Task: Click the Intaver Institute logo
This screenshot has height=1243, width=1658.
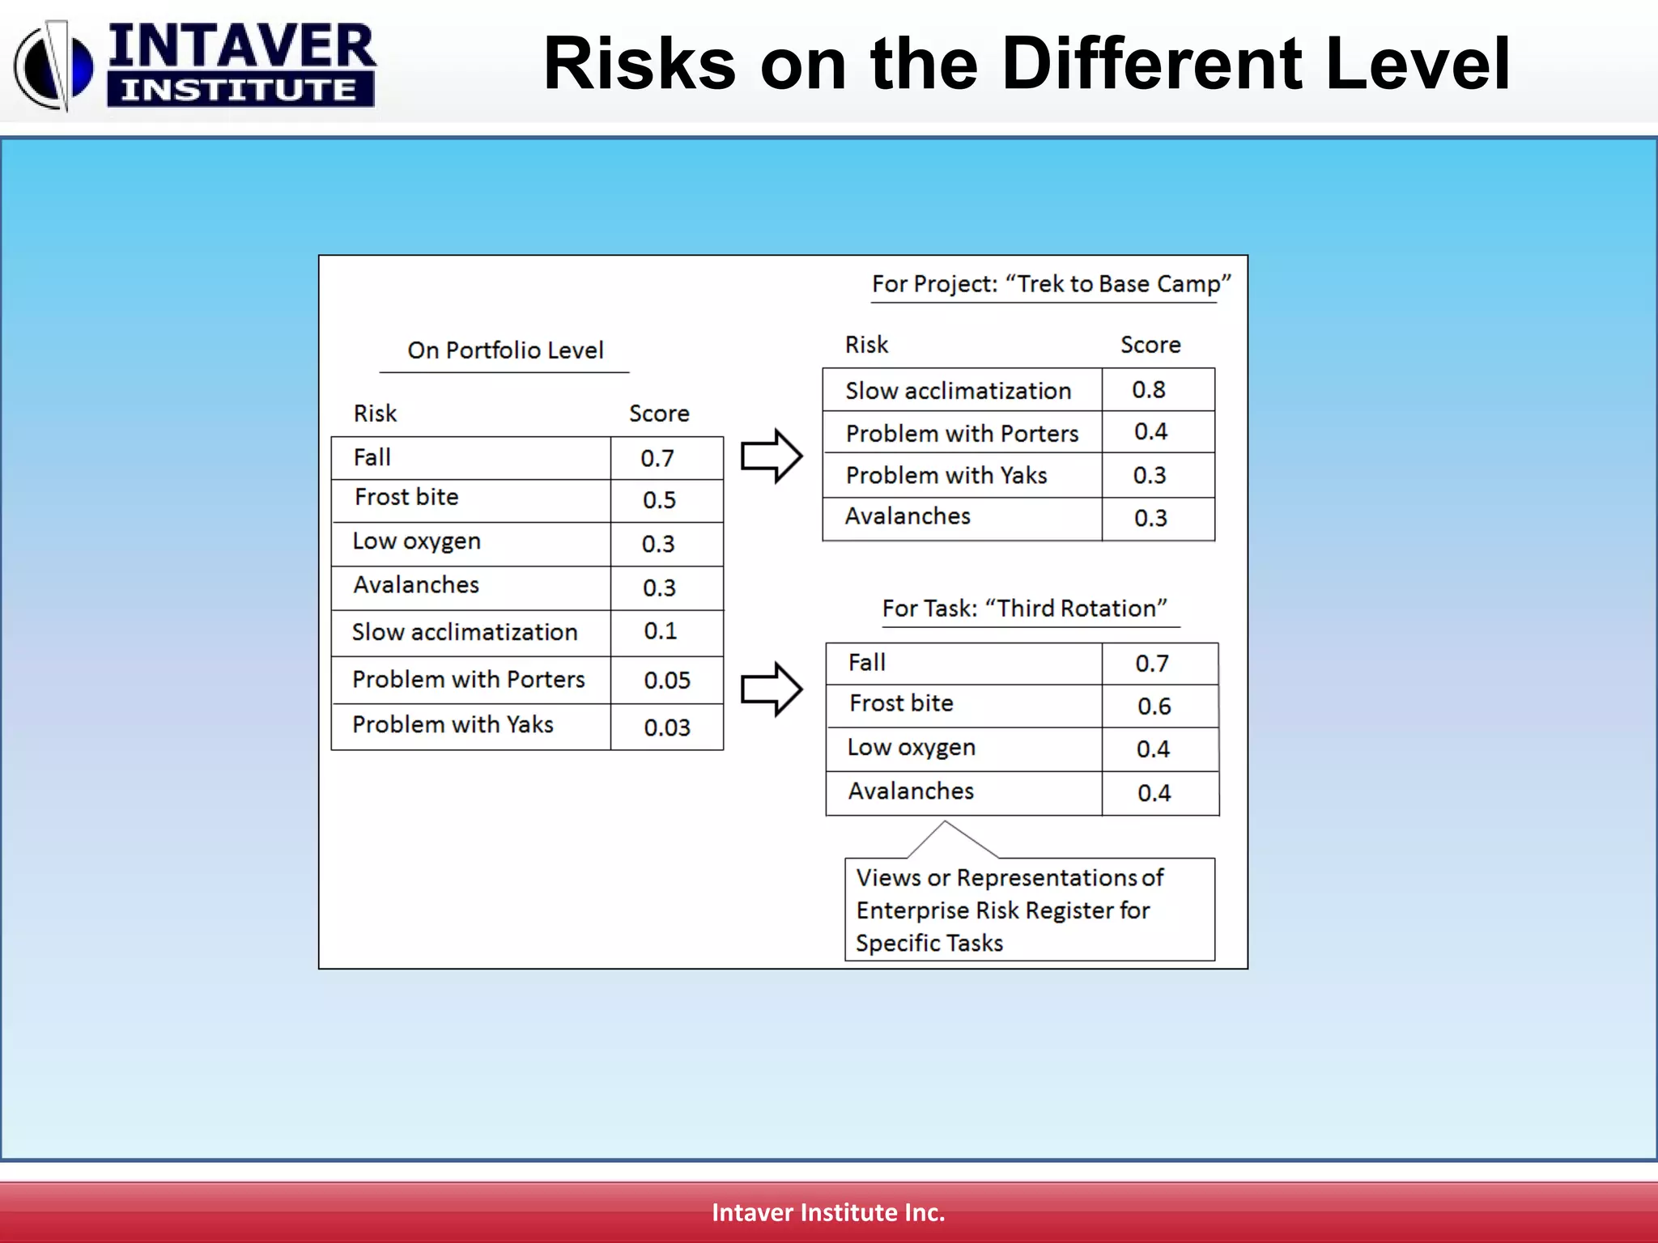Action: [194, 65]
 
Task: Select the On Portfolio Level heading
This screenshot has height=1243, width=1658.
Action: [505, 350]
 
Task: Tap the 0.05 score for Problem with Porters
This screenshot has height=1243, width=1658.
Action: [667, 681]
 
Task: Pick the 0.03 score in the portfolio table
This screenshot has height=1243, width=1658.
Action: [667, 728]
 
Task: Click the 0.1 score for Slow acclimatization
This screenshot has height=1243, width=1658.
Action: [660, 631]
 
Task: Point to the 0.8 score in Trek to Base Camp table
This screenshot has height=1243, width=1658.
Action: [1149, 390]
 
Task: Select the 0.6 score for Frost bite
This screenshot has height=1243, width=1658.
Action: [1154, 706]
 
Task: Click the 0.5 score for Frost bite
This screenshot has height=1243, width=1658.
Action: [659, 500]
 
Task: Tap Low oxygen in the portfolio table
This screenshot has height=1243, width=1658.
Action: [417, 541]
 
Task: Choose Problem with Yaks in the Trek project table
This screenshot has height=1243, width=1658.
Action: [946, 476]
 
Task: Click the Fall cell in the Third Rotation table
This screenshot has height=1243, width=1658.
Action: [867, 663]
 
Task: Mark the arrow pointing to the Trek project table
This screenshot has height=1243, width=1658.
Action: [772, 456]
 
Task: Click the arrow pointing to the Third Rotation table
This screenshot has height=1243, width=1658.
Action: [772, 689]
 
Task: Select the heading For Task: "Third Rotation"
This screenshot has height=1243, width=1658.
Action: [1024, 609]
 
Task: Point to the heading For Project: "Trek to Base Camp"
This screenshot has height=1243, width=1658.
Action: [1050, 284]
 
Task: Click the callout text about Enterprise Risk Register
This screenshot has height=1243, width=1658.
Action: [1009, 910]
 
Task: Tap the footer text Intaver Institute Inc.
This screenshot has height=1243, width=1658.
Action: [828, 1212]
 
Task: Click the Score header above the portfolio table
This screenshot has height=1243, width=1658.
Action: [659, 414]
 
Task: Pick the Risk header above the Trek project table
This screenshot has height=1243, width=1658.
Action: [866, 345]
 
